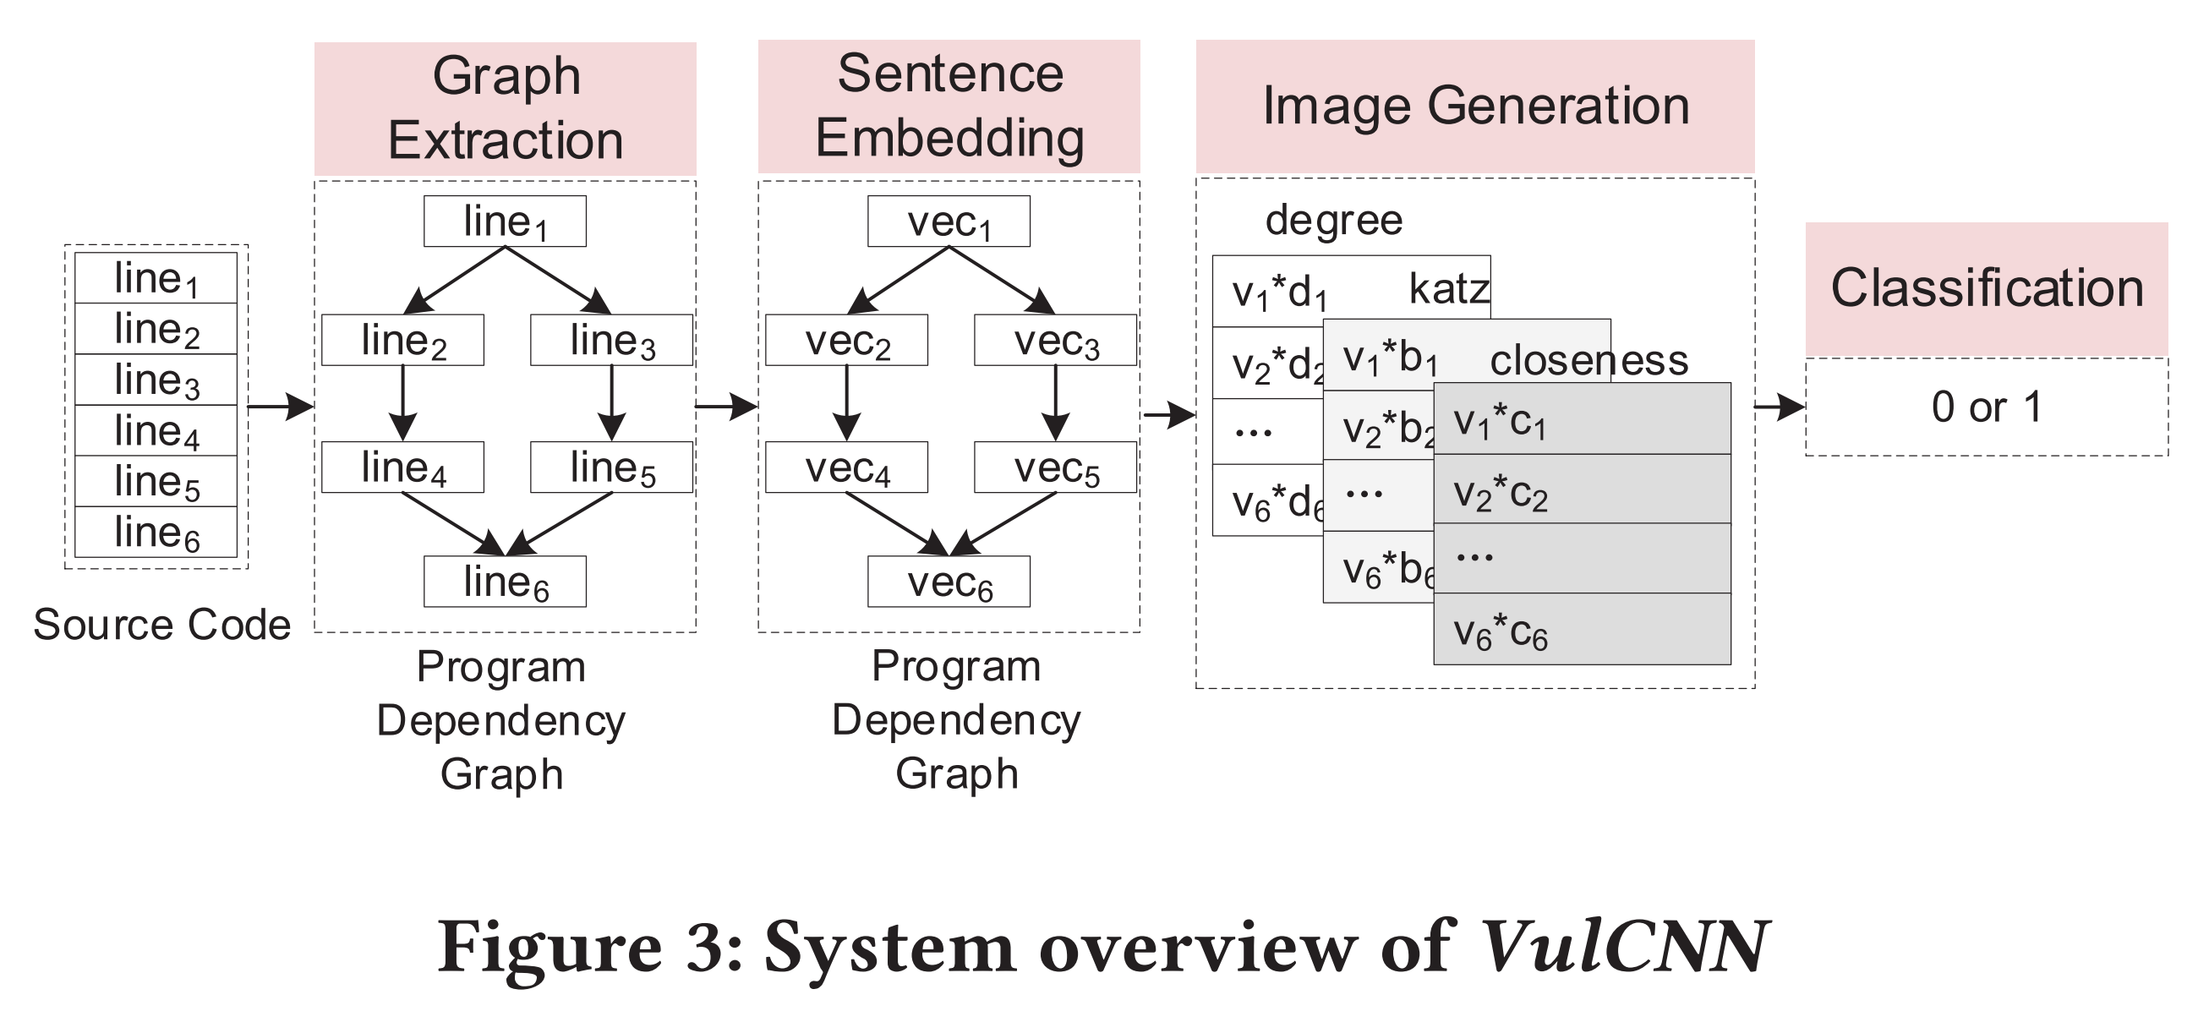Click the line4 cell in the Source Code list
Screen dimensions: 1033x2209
pos(156,430)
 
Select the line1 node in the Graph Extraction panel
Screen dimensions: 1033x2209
pos(505,221)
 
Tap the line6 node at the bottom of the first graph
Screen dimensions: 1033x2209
pos(505,582)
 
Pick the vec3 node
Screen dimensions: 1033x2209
pos(1056,341)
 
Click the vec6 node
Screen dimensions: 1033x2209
pos(949,582)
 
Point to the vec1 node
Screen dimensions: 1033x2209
pos(949,221)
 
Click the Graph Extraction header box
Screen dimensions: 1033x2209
pos(505,108)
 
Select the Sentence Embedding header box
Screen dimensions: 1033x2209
pos(949,107)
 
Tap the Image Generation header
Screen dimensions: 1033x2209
pos(1475,107)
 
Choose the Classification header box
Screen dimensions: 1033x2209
pos(1987,289)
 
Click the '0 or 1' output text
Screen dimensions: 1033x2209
pos(1987,407)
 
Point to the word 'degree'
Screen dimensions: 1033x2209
pos(1333,221)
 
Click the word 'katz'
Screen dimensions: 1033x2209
pos(1449,289)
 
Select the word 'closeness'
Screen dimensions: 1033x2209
pos(1589,360)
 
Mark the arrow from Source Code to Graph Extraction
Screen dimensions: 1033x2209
pos(282,407)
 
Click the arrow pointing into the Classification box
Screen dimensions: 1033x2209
pos(1780,407)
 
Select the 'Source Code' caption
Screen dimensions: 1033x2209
pos(162,624)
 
